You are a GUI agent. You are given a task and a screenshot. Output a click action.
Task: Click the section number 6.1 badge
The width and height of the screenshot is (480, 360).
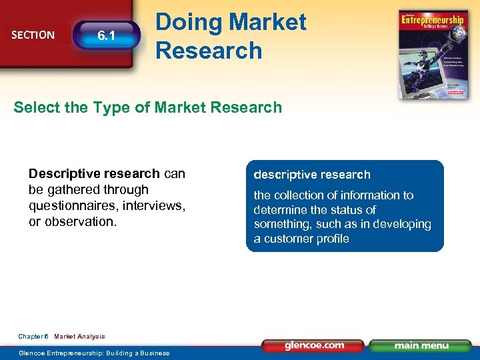pos(107,35)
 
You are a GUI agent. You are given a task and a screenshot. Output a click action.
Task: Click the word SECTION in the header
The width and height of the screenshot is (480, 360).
pos(33,35)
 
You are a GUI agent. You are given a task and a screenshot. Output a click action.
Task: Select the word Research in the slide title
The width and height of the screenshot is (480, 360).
pos(209,50)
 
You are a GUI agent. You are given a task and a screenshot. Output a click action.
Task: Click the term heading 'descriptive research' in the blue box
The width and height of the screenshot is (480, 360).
pos(311,175)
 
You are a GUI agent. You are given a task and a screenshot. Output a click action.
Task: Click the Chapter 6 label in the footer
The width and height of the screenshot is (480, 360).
pos(33,337)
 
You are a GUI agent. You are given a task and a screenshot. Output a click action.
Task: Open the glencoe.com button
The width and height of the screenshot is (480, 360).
pos(313,345)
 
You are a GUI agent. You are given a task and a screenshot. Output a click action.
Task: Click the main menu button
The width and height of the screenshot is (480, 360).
pos(421,345)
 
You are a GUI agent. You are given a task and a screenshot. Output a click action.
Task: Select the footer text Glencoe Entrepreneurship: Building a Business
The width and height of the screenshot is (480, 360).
pos(94,353)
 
